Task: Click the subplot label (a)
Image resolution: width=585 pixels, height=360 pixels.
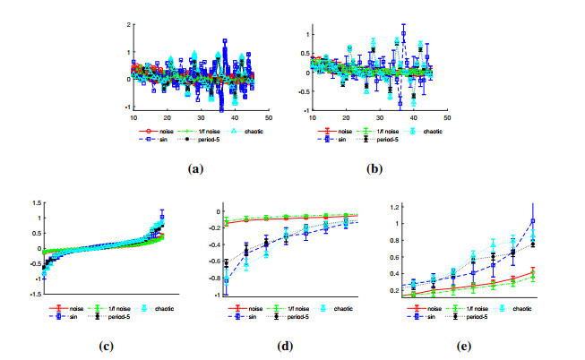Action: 193,167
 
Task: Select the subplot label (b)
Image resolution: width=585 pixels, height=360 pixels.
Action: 373,167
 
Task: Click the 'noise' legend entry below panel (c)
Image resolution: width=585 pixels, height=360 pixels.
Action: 82,307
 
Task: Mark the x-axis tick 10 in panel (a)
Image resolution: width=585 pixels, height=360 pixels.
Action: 133,117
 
